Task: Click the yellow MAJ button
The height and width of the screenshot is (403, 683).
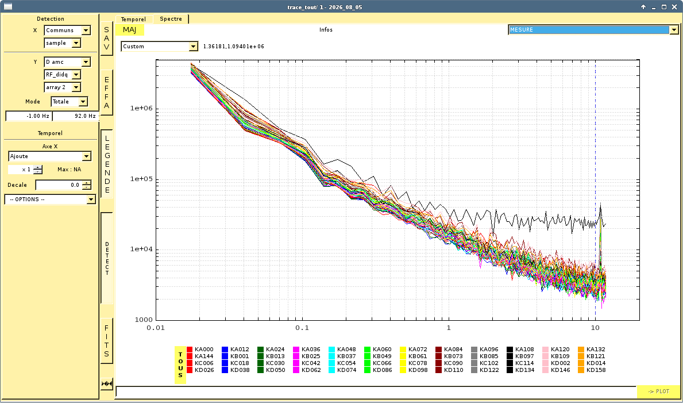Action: (x=129, y=30)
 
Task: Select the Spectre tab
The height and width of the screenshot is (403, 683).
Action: (x=171, y=19)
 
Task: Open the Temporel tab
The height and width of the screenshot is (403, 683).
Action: (x=133, y=19)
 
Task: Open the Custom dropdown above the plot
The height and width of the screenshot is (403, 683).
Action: (x=160, y=46)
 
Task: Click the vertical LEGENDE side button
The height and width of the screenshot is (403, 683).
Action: (x=107, y=163)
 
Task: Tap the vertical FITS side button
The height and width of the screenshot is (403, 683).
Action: (x=107, y=341)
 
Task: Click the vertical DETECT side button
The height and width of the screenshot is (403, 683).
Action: (x=107, y=258)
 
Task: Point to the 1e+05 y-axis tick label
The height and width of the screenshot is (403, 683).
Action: (x=141, y=179)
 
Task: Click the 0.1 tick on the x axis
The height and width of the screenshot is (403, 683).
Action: (x=302, y=327)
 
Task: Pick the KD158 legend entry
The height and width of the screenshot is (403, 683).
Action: (x=592, y=370)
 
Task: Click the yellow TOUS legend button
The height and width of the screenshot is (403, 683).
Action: (x=180, y=364)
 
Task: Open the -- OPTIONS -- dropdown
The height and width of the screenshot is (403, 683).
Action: (x=50, y=199)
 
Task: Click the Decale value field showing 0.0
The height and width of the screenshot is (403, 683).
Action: (x=63, y=185)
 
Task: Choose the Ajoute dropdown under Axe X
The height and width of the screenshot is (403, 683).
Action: (x=49, y=156)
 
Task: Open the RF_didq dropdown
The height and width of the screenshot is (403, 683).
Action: (x=62, y=75)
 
